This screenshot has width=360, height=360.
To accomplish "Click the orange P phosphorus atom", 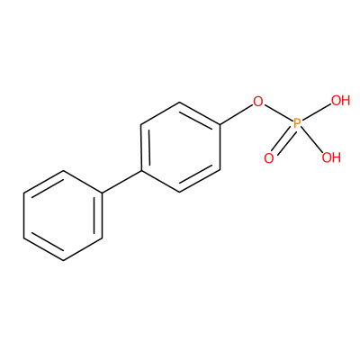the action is (x=297, y=123).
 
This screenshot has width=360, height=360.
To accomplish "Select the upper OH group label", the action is (x=341, y=101).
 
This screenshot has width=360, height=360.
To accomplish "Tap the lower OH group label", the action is (x=331, y=157).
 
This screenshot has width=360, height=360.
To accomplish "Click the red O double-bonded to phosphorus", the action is (x=269, y=158).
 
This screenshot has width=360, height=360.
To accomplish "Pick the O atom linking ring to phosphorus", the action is (x=258, y=102).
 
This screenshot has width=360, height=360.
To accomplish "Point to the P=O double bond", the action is (x=282, y=141).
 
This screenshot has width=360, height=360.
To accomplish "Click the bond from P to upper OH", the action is (x=316, y=112).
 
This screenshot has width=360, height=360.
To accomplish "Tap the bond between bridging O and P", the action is (x=278, y=112).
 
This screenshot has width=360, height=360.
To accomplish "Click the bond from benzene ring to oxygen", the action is (x=236, y=115).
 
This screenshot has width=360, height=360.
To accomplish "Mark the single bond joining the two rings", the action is (x=122, y=182).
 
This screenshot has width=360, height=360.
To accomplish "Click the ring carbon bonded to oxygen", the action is (x=220, y=124).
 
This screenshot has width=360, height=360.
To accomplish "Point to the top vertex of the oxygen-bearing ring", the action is (x=180, y=103).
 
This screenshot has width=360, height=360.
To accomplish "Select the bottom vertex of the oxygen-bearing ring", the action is (x=180, y=193).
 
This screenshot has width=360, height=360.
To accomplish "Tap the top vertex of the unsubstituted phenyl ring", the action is (x=63, y=171).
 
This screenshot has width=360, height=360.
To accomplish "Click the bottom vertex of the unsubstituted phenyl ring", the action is (x=63, y=260).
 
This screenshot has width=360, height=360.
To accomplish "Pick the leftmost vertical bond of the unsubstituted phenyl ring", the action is (x=24, y=215).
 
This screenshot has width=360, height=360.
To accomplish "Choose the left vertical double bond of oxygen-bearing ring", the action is (x=144, y=148).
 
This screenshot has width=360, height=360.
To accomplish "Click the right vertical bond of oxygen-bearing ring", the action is (x=220, y=148).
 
